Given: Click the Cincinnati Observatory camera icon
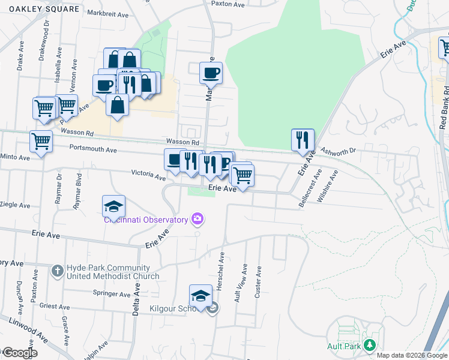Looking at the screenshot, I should coord(197,220).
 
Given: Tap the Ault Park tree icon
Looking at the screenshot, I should coord(370,345).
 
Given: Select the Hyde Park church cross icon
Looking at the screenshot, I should coord(57,271).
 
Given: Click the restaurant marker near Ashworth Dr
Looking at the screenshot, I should coord(303,140).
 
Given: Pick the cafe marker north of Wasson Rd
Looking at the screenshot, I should coord(211,73).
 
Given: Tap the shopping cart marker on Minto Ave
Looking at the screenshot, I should coord(41,142).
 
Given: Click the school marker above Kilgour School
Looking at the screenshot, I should coord(200,296).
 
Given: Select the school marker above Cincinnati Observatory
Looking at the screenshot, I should coord(113,206).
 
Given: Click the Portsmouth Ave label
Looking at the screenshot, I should coord(93,149).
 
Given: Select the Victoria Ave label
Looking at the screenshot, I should coord(148,176).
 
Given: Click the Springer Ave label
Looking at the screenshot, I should coord(112,294).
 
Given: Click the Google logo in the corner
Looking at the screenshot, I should coord(19,353).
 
